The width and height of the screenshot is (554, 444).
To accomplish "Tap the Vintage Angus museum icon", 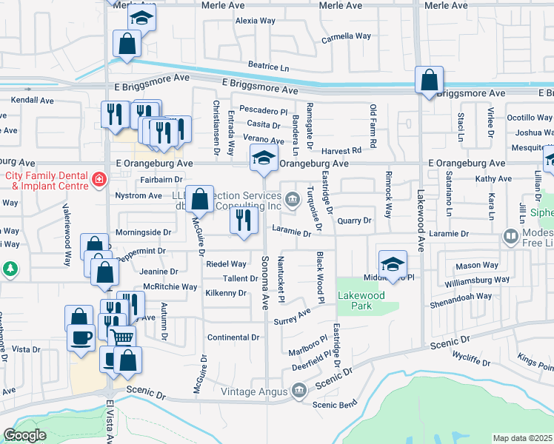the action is tap(299, 390).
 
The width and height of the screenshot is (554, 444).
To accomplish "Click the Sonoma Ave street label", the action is tap(265, 281).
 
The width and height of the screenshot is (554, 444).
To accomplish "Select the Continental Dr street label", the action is tap(234, 337).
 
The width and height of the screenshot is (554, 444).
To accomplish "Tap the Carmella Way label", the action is tap(346, 36).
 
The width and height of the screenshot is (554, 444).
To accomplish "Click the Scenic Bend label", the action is tap(335, 403).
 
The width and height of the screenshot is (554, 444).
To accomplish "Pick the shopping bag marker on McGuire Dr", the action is tap(199, 200).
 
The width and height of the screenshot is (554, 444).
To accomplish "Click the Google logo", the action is tap(24, 435).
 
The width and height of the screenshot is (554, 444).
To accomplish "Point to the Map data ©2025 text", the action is tap(523, 438).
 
